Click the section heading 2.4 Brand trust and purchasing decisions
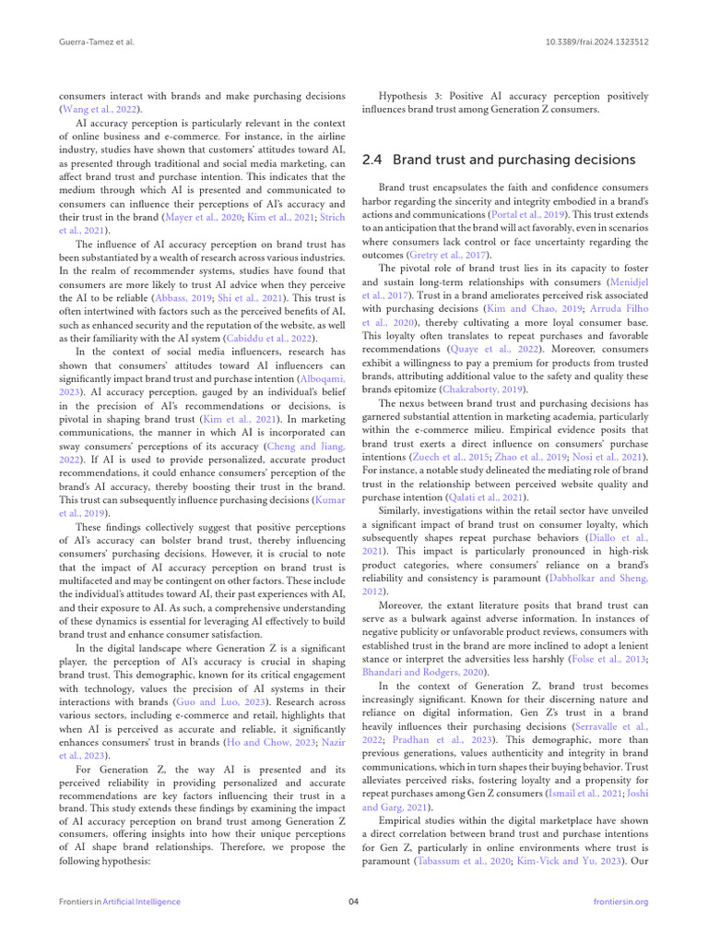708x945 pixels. pyautogui.click(x=499, y=160)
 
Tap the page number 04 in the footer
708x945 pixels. pyautogui.click(x=353, y=902)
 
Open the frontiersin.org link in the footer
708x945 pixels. pyautogui.click(x=622, y=902)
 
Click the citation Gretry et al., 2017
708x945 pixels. pyautogui.click(x=442, y=255)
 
